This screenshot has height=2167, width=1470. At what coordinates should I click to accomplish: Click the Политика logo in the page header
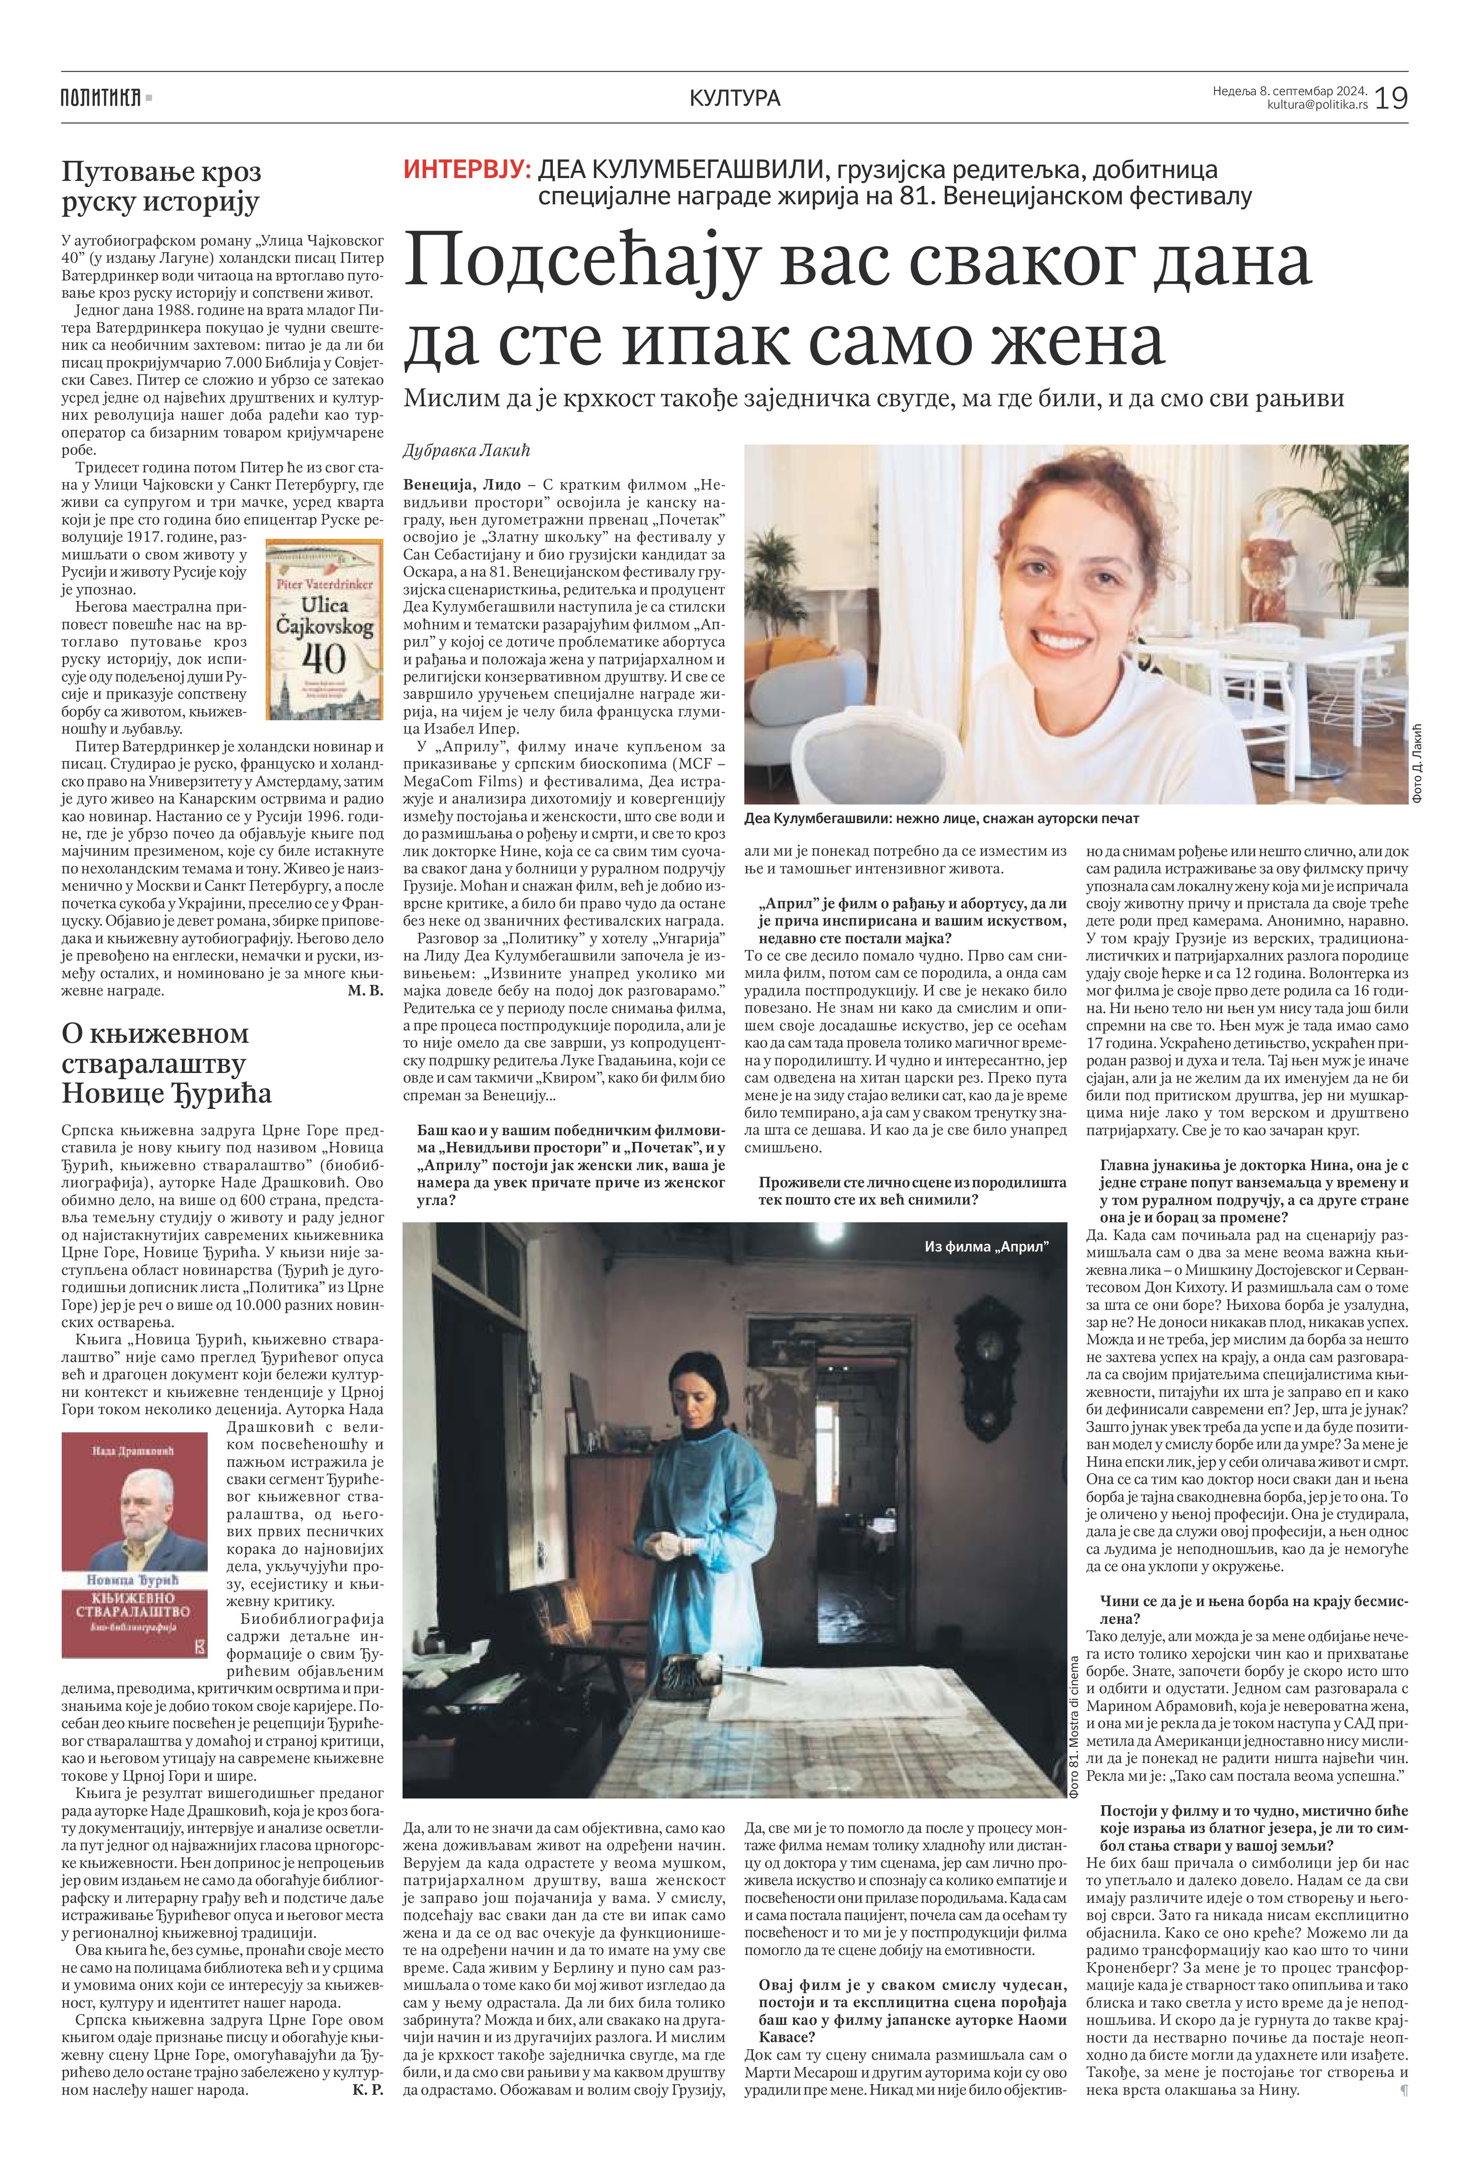pyautogui.click(x=101, y=97)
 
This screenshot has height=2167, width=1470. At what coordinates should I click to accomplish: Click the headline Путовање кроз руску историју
pyautogui.click(x=160, y=187)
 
